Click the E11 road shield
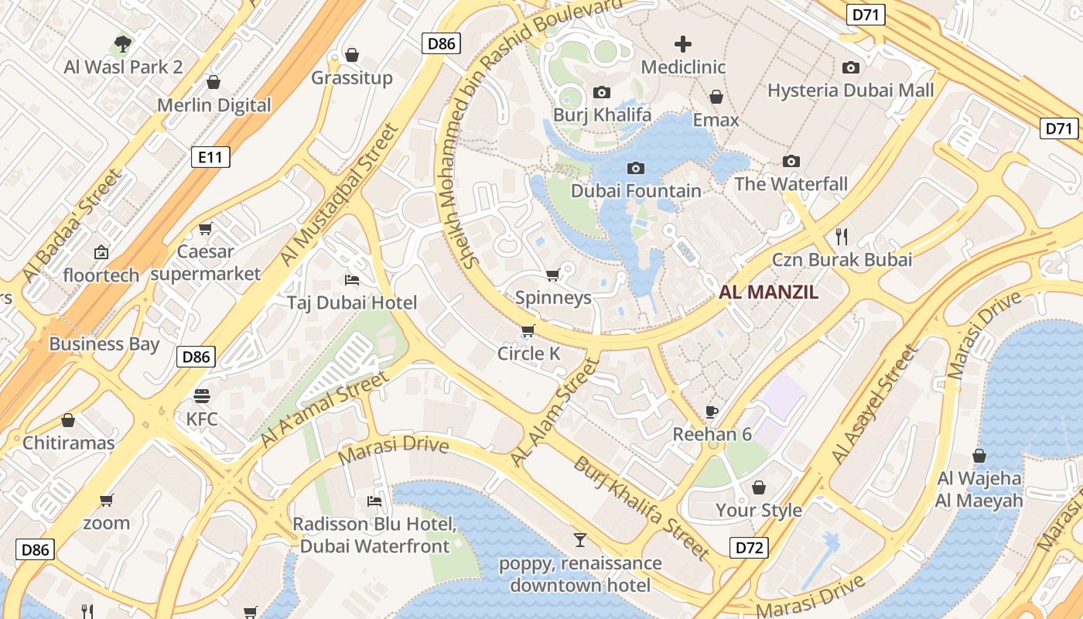(x=210, y=158)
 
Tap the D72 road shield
(x=750, y=548)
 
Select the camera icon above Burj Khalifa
(x=601, y=93)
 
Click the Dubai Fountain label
(x=636, y=190)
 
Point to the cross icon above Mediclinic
(x=683, y=44)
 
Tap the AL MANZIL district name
(x=768, y=292)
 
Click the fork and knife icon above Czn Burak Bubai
(x=842, y=237)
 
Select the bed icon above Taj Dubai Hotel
(x=352, y=279)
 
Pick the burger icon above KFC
(x=202, y=396)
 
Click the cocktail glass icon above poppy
(x=580, y=540)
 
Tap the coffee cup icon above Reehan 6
(x=712, y=412)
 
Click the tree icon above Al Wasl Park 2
(x=123, y=44)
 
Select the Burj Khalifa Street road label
(x=641, y=508)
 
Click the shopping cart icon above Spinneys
(x=552, y=275)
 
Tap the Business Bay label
(x=104, y=344)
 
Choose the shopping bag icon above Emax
(x=716, y=97)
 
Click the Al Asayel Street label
(x=874, y=405)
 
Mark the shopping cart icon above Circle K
(x=528, y=331)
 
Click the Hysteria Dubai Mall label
(x=850, y=90)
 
